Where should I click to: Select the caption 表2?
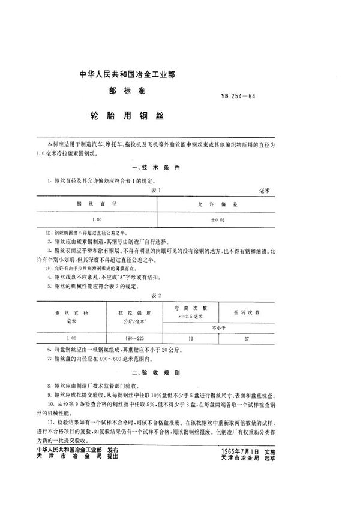point(157,295)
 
